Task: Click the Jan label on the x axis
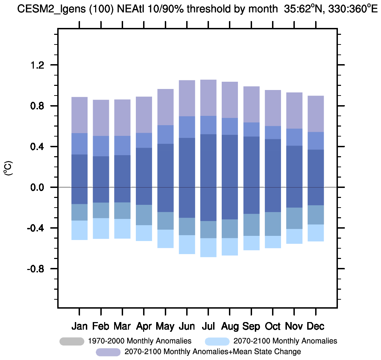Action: (x=80, y=326)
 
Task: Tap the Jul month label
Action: (x=208, y=326)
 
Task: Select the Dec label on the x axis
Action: (x=315, y=326)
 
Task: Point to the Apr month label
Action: (x=144, y=326)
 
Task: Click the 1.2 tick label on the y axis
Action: (x=38, y=65)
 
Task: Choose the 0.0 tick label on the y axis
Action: (x=38, y=187)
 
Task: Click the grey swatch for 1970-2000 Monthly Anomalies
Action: (x=72, y=341)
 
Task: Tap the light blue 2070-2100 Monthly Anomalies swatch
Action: (x=217, y=341)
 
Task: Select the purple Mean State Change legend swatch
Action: (x=108, y=352)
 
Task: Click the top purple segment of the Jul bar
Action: (x=208, y=98)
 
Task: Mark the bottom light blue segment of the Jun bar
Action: (x=187, y=244)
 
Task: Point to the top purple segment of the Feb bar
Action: (x=101, y=118)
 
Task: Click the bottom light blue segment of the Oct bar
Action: (x=273, y=242)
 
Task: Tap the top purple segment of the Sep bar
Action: (x=251, y=104)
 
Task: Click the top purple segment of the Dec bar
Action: (x=315, y=114)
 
